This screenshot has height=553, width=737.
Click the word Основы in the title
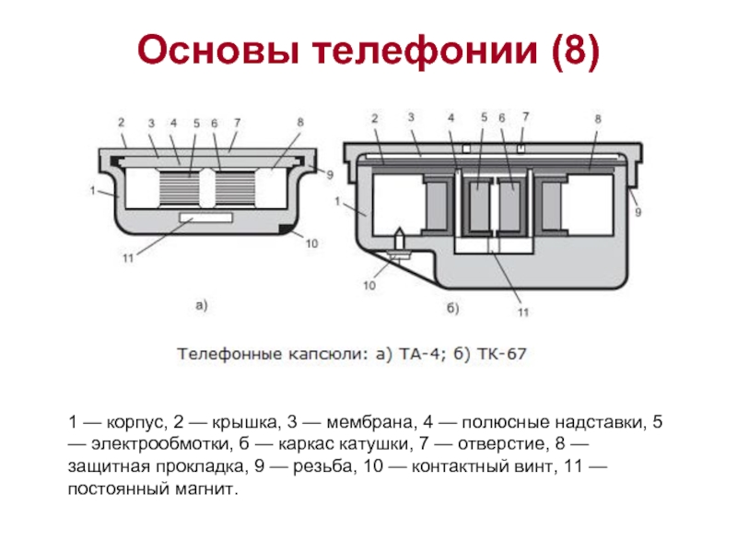pos(218,50)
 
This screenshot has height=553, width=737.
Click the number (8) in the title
pos(576,51)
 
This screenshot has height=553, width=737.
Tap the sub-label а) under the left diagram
pos(201,306)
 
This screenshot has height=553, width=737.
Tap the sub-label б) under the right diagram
pos(452,309)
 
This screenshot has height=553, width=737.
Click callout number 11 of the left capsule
pos(128,258)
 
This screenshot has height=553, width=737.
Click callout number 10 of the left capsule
pos(311,243)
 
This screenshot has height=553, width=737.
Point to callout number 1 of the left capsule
pos(93,191)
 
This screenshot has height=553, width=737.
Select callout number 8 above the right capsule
pos(597,119)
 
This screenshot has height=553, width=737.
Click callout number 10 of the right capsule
pos(369,285)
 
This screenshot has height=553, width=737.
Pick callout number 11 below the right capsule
pos(523,312)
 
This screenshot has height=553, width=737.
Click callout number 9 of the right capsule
pos(638,212)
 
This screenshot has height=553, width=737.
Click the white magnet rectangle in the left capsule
pos(206,218)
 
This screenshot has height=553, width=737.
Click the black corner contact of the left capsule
pos(286,229)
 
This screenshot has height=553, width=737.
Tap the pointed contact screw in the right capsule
pos(399,243)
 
